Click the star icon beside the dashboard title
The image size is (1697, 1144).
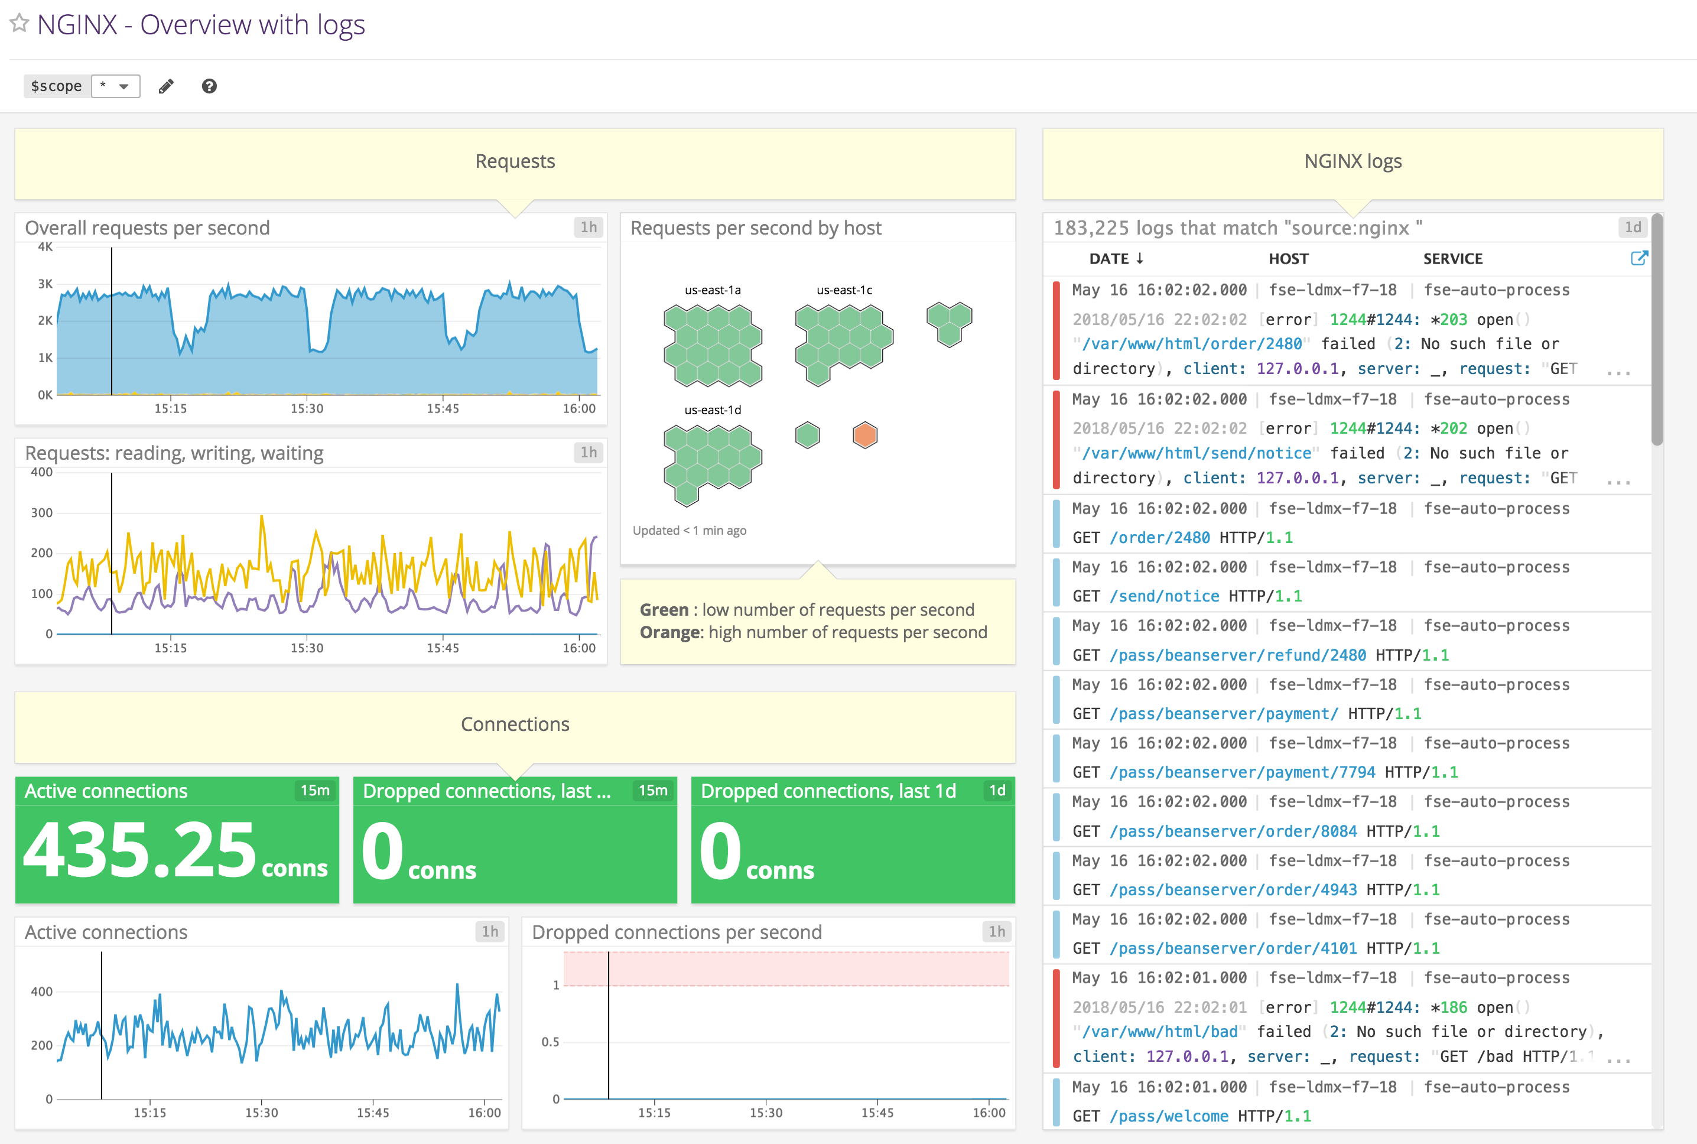click(19, 24)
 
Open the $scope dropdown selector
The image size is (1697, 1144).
click(115, 86)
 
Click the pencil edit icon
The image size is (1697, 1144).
click(167, 86)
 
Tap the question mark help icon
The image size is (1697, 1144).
click(209, 86)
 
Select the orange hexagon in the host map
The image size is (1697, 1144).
click(864, 435)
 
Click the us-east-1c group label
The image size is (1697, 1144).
click(844, 290)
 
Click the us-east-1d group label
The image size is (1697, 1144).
click(712, 410)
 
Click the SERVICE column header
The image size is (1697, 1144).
click(1452, 259)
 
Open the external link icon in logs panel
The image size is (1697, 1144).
click(1639, 258)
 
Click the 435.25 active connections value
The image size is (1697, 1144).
click(140, 851)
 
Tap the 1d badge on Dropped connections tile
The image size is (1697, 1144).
click(997, 790)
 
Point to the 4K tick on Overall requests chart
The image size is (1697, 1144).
click(45, 246)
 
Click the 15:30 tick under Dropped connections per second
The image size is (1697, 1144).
click(765, 1113)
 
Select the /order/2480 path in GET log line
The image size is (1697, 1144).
click(1159, 538)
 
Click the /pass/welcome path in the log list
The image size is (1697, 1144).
click(1169, 1116)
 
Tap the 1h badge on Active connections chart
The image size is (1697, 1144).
click(490, 932)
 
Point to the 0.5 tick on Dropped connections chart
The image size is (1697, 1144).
click(550, 1042)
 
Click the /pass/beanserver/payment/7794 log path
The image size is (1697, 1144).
click(1243, 772)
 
